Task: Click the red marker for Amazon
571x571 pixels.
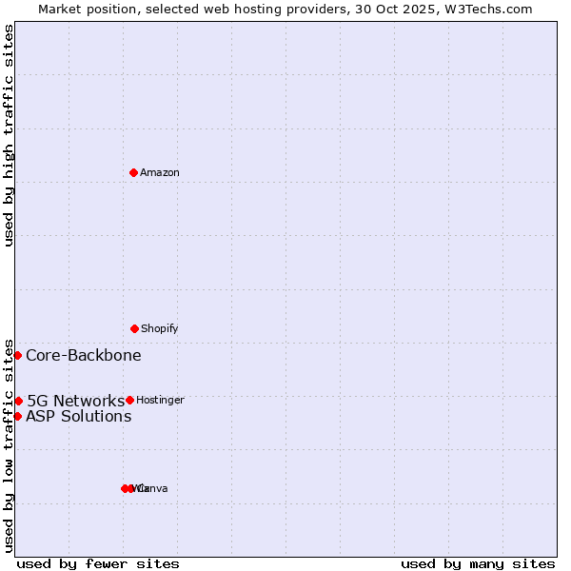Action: tap(133, 172)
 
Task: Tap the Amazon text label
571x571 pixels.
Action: tap(160, 172)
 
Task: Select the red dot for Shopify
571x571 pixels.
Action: tap(134, 328)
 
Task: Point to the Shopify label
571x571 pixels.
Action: tap(160, 328)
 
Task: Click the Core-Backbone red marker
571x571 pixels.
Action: tap(17, 355)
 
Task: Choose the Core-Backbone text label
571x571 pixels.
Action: tap(84, 356)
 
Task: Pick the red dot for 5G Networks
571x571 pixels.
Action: tap(18, 401)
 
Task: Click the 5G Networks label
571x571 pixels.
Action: tap(76, 401)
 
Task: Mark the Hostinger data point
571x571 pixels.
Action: tap(129, 400)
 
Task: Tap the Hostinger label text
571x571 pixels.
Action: tap(160, 401)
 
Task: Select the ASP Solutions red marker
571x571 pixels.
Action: tap(17, 416)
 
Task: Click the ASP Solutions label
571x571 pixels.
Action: tap(79, 416)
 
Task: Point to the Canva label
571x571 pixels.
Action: tap(154, 488)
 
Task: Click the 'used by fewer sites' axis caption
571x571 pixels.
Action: tap(98, 563)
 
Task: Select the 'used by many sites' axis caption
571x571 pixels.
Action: tap(478, 563)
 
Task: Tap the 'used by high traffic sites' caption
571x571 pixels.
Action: tap(9, 135)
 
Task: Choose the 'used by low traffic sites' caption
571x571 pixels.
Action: tap(9, 445)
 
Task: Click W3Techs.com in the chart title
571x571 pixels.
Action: tap(491, 9)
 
